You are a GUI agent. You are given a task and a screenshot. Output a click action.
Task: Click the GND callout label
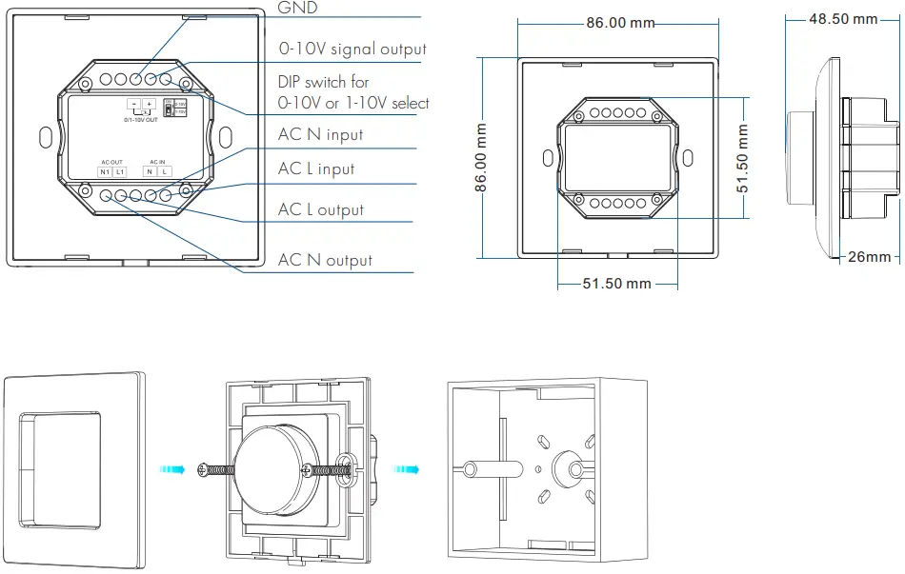298,8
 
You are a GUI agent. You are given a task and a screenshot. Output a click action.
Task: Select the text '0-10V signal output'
352,49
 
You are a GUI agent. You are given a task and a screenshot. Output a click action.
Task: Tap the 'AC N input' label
320,134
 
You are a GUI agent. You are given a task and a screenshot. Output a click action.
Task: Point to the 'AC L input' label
315,168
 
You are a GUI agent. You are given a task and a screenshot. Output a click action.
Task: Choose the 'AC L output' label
320,209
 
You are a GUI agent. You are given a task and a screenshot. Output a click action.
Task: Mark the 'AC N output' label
325,260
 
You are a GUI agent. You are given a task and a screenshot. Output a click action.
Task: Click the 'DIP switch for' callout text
323,83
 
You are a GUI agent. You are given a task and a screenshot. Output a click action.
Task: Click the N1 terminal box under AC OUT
105,171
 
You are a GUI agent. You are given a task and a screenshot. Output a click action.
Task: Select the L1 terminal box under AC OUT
120,171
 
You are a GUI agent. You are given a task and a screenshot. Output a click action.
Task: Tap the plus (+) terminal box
149,104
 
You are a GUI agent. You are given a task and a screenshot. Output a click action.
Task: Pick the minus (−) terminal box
133,104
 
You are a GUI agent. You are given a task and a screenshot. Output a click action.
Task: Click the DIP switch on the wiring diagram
169,109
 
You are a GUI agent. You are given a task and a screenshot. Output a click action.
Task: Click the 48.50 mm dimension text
842,19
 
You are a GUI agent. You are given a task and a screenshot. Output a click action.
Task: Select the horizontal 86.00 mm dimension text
620,22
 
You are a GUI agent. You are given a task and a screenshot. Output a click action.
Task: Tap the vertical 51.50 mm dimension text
742,158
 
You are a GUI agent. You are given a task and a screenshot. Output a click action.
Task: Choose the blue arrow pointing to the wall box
406,469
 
